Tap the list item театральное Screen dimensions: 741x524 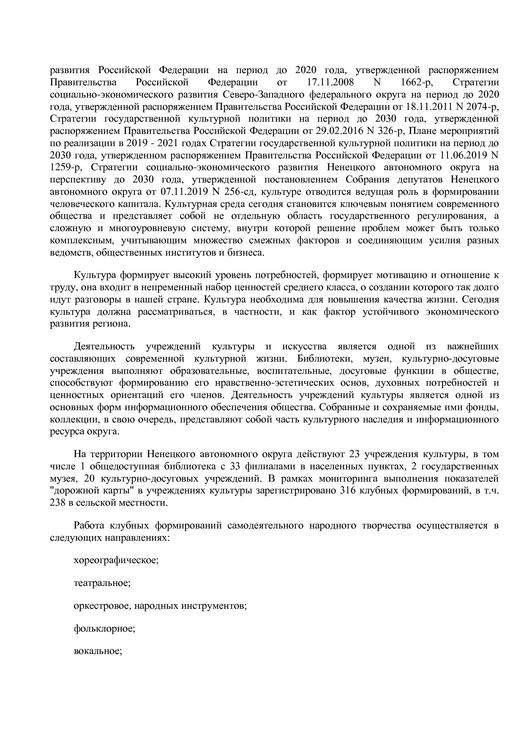coord(102,583)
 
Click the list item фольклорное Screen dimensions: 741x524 coord(104,629)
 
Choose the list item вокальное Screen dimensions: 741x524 coord(98,651)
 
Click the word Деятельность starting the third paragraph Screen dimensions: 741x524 coord(104,347)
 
